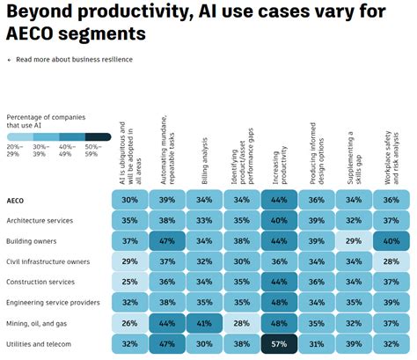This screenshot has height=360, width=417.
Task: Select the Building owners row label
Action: (32, 240)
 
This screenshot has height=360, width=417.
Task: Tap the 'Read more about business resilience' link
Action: (74, 60)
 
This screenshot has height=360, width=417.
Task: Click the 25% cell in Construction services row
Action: (130, 282)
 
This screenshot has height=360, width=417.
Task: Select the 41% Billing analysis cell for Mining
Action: (203, 323)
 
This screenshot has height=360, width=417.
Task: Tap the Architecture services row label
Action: (40, 220)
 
